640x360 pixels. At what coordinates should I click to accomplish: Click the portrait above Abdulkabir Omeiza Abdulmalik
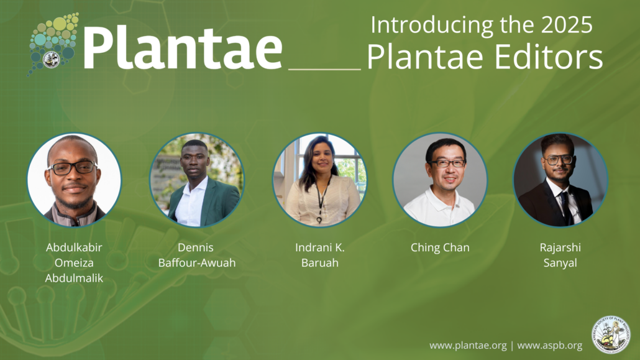tap(74, 180)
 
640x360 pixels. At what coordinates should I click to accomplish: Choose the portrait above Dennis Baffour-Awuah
tap(197, 180)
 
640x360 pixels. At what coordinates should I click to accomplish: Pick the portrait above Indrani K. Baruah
tap(319, 180)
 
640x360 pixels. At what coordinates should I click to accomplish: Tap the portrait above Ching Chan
tap(440, 180)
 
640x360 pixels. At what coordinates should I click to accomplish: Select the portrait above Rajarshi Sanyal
tap(560, 180)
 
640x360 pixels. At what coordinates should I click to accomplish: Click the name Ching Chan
tap(440, 247)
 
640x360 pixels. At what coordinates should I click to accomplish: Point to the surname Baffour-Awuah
tap(197, 263)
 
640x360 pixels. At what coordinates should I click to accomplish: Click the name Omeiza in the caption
tap(74, 263)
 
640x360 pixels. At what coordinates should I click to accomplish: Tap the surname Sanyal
tap(560, 263)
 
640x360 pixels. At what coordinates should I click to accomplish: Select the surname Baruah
tap(319, 263)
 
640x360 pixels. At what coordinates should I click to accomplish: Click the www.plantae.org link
tap(467, 345)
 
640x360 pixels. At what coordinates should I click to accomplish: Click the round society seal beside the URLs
tap(610, 335)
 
